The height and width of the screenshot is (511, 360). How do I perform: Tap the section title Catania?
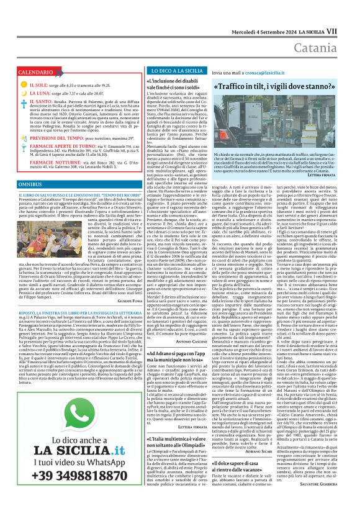[328, 29]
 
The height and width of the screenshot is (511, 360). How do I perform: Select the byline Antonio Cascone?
[191, 340]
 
